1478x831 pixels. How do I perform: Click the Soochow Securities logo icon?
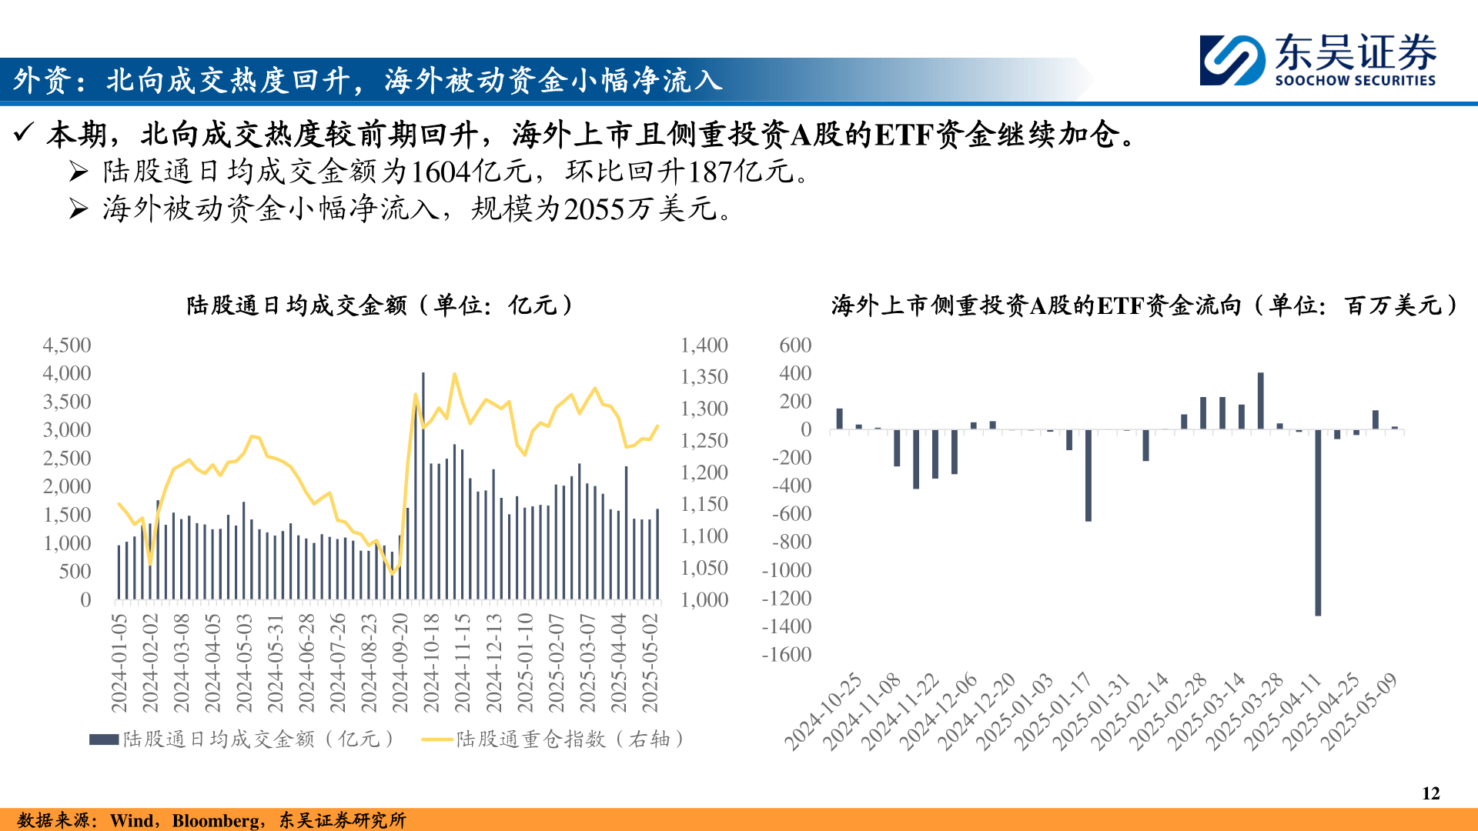[1232, 60]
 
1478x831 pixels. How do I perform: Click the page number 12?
[1430, 793]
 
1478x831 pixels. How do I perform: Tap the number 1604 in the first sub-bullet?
[440, 172]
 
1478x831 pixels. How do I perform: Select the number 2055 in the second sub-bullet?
[594, 209]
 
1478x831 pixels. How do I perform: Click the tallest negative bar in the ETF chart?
[1318, 522]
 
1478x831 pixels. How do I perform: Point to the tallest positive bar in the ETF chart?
[1260, 401]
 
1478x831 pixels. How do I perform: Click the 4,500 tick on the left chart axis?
[67, 345]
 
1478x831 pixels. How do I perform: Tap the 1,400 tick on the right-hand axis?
[704, 345]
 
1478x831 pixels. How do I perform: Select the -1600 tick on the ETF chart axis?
[786, 654]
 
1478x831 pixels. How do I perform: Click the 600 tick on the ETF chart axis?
[795, 345]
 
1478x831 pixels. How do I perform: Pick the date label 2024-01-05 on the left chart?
[119, 662]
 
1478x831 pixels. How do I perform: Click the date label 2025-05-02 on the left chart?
[650, 662]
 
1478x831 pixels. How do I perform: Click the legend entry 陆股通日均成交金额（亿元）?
[242, 739]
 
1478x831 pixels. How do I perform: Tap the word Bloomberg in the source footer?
[216, 820]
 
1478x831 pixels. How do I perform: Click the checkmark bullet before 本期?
[23, 133]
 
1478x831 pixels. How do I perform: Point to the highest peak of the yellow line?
[454, 374]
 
